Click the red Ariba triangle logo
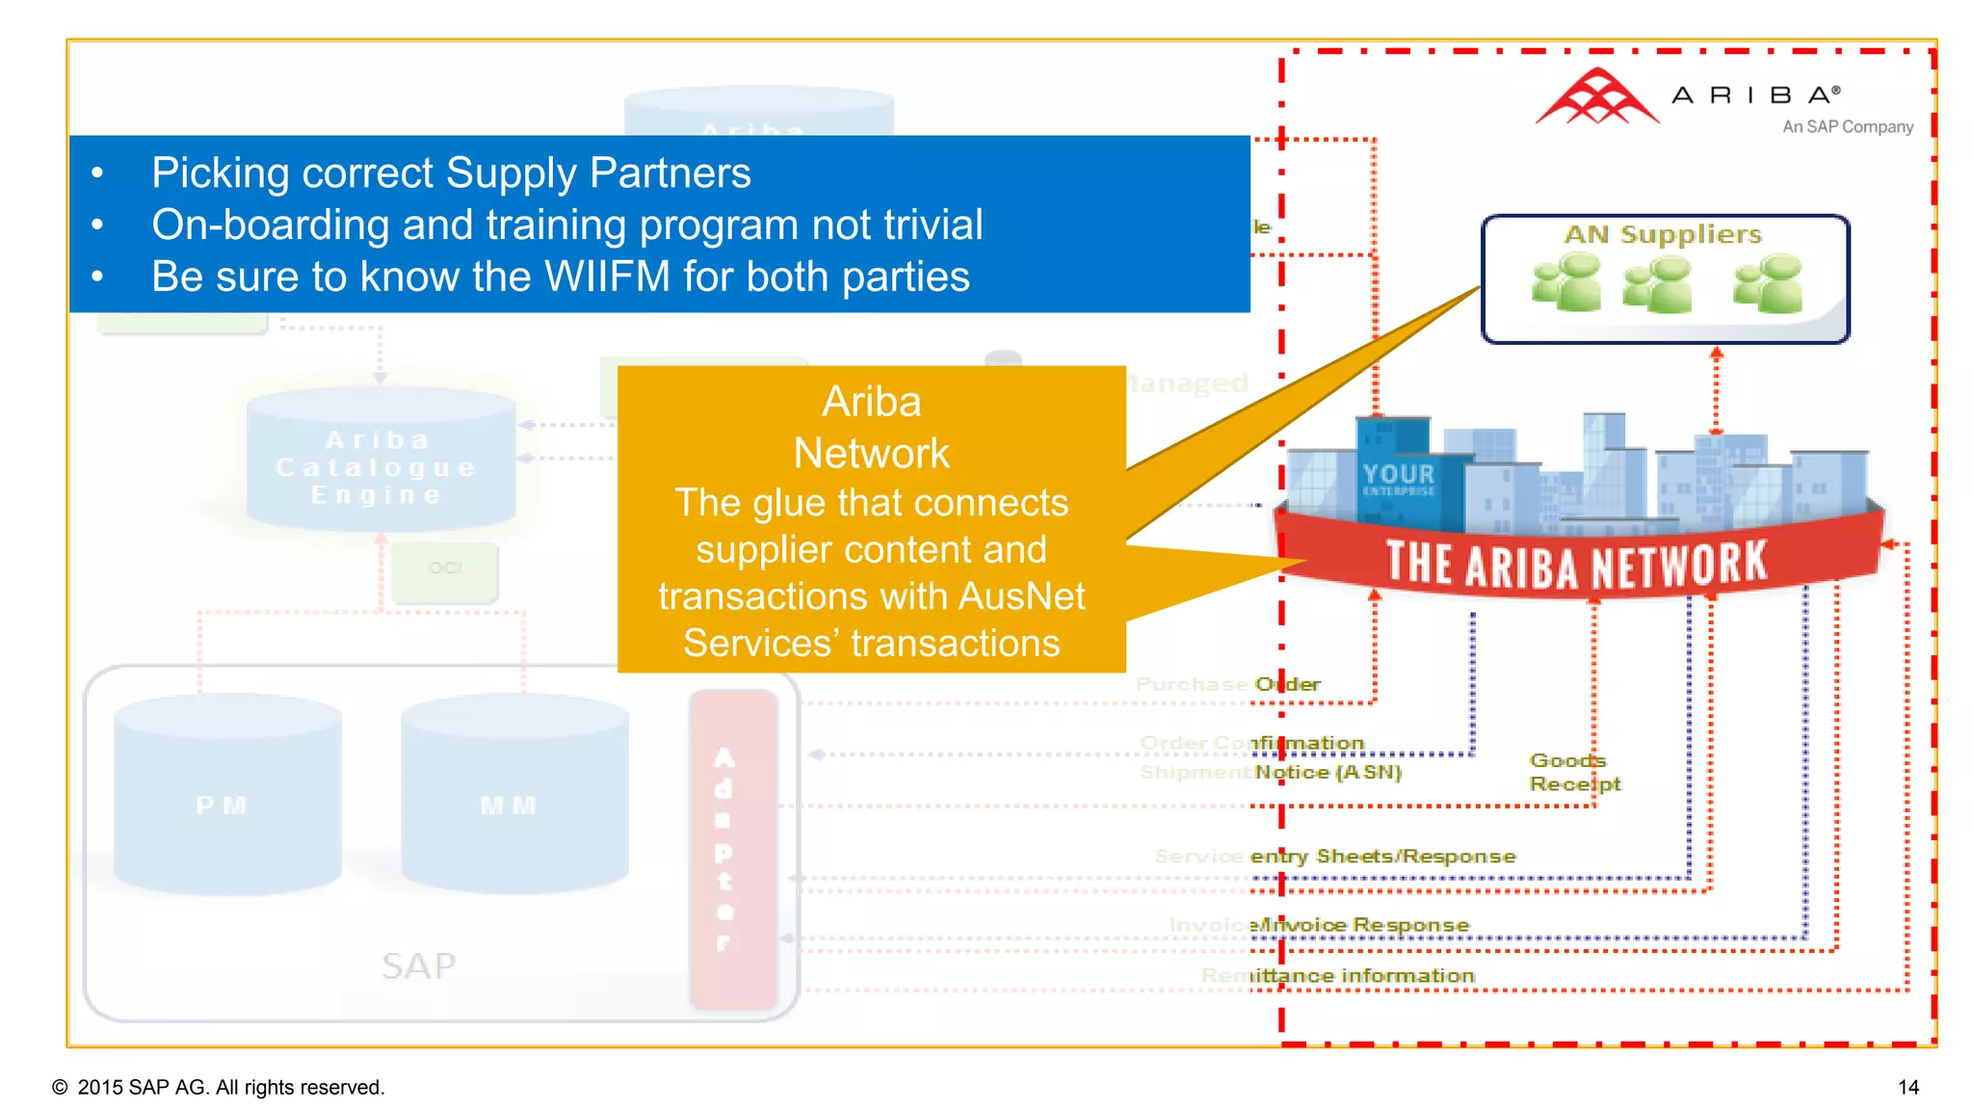1596,97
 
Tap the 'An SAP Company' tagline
1847,127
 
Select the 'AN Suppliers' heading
1663,235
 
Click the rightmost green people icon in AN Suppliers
1768,283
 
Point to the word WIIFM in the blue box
607,277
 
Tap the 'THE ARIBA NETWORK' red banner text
1576,564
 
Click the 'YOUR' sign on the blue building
1398,474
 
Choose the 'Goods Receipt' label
1574,773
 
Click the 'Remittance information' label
1362,976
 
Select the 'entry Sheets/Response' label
1382,857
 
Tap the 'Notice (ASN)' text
1328,773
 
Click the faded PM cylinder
226,794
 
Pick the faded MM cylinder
513,794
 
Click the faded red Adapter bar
732,849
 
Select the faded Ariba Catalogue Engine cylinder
380,461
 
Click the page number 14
1907,1088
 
